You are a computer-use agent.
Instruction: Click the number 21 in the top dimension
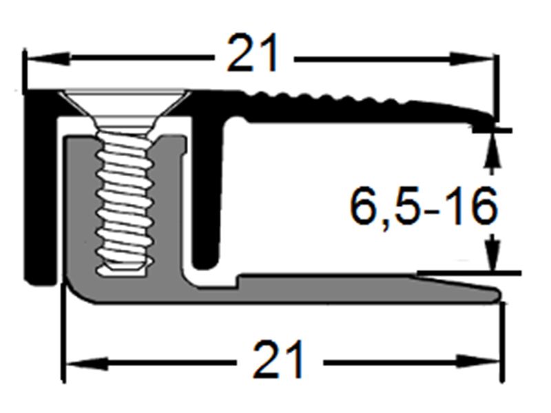click(x=253, y=53)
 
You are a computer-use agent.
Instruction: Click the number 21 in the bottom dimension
click(x=278, y=359)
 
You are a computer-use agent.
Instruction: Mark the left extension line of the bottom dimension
click(x=64, y=344)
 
